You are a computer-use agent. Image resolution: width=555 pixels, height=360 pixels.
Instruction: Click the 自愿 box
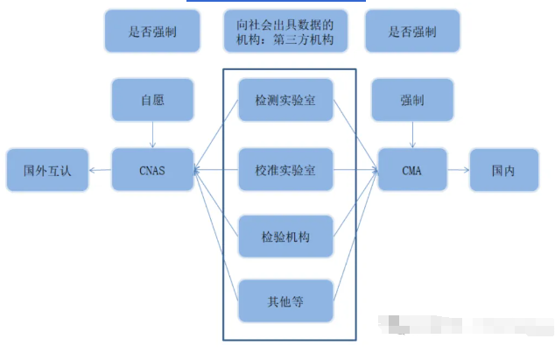[153, 101]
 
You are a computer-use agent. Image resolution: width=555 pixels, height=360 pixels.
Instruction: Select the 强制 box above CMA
[412, 101]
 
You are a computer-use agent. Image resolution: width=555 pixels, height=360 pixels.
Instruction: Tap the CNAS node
[153, 170]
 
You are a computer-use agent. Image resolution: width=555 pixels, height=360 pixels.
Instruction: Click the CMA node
[412, 170]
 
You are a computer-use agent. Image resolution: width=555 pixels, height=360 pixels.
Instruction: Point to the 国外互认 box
[47, 170]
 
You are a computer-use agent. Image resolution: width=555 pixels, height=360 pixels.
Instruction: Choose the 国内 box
[503, 170]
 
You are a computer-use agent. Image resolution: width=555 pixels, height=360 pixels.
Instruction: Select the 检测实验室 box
[286, 102]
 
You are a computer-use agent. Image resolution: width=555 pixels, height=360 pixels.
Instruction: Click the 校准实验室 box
[286, 170]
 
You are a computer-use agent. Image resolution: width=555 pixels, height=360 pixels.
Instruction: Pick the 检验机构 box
[286, 236]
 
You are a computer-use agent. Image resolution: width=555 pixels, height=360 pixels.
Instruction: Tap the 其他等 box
[286, 302]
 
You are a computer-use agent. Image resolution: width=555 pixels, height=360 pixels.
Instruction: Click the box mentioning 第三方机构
[286, 32]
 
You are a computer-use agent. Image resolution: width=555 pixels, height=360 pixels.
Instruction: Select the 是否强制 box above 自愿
[153, 32]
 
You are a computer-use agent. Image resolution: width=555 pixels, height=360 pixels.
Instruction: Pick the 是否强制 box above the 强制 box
[412, 32]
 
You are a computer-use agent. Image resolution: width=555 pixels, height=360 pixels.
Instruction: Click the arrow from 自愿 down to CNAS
[153, 134]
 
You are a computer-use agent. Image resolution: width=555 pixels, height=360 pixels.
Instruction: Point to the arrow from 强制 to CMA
[412, 134]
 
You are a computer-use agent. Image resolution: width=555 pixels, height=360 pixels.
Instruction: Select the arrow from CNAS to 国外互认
[100, 170]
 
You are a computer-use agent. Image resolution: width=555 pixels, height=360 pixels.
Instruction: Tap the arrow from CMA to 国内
[458, 170]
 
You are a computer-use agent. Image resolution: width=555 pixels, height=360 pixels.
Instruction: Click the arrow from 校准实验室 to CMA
[355, 170]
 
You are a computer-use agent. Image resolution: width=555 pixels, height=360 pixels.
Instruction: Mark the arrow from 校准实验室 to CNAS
[216, 170]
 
